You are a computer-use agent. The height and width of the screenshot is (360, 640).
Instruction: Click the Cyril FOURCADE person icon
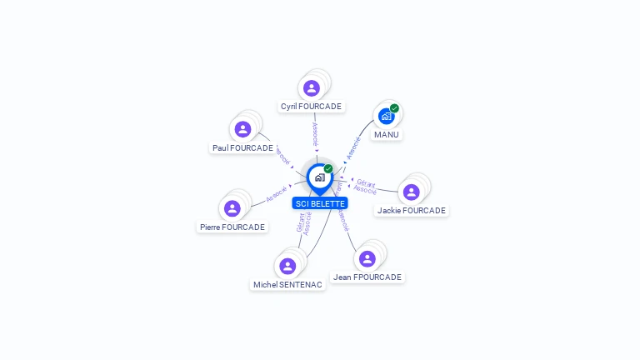tap(312, 88)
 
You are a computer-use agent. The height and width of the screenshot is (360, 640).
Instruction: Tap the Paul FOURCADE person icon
tap(242, 129)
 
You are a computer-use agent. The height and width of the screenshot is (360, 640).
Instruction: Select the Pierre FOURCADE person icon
tap(232, 208)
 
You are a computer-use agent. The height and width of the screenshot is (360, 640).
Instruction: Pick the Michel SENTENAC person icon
tap(287, 266)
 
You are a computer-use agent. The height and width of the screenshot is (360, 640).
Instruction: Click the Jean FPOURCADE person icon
tap(367, 258)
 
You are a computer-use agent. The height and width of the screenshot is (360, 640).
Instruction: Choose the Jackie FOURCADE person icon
tap(411, 192)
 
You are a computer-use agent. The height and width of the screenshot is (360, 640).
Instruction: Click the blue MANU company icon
tap(386, 117)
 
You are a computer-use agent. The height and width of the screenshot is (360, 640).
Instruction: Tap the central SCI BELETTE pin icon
tap(319, 177)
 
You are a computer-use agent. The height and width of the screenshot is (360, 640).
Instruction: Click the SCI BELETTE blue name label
tap(320, 203)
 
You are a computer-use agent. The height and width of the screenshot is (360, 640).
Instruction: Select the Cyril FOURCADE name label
tap(311, 107)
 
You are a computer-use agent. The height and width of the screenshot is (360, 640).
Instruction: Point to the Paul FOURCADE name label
tap(242, 148)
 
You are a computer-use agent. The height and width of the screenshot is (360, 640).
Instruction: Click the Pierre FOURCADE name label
tap(232, 227)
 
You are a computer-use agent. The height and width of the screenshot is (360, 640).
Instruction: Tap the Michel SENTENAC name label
tap(287, 285)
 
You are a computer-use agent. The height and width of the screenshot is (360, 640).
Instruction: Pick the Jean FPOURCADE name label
tap(367, 277)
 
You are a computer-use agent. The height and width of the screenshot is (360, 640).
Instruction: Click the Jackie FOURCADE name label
tap(412, 211)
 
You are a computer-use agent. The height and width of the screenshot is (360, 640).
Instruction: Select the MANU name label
tap(387, 134)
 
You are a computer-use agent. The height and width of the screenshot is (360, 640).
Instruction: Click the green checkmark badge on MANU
tap(395, 107)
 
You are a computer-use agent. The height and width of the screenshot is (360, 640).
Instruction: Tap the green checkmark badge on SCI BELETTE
tap(328, 168)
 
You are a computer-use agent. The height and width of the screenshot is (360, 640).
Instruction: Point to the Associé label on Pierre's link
tap(277, 194)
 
